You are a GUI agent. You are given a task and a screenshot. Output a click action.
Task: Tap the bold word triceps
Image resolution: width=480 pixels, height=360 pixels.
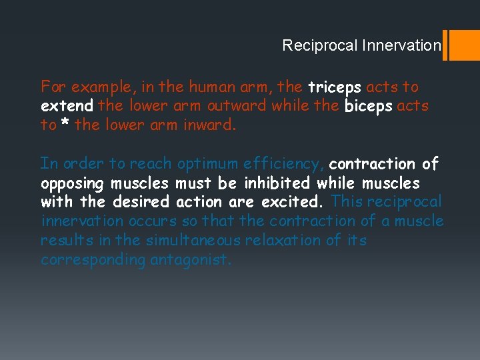coord(334,87)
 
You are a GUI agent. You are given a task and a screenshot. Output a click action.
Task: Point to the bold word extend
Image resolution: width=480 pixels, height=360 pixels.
coord(67,106)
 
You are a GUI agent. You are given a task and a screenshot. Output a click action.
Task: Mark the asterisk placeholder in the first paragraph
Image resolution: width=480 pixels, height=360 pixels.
coord(65,125)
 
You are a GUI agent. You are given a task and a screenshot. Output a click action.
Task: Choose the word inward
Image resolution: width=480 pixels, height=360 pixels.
coord(209,125)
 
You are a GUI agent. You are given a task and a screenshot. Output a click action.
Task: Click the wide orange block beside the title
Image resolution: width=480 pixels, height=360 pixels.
coord(465,45)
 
